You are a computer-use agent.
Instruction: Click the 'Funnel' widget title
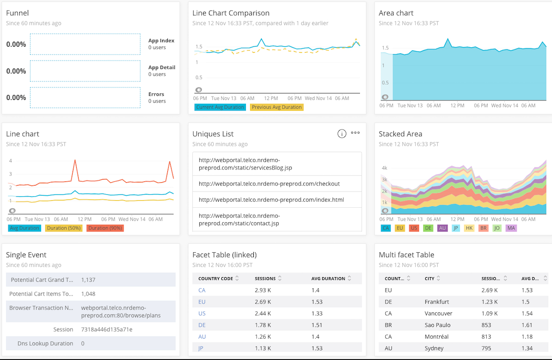17,13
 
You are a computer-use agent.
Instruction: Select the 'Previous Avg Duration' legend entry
276,107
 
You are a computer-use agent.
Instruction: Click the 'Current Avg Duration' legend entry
220,107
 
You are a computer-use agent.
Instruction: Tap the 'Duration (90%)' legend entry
105,228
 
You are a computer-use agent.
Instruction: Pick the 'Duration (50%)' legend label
63,228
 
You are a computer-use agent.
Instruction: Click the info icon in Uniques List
342,134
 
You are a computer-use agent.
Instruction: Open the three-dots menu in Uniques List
355,133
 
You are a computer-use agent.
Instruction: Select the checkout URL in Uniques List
269,184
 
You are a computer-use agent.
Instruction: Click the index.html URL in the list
271,200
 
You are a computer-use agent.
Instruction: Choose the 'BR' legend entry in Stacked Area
483,228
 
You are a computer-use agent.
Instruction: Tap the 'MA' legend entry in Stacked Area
511,228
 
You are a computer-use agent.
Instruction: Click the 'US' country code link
202,313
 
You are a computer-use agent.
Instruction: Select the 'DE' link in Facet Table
202,325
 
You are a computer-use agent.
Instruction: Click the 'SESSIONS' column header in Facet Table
265,279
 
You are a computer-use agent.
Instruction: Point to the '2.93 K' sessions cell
263,290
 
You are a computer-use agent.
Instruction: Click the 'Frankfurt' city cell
437,302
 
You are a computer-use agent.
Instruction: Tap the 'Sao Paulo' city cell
437,325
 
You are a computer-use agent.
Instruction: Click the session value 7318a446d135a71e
106,329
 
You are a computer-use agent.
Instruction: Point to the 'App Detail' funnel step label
161,68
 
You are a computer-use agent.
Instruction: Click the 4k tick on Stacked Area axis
384,168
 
